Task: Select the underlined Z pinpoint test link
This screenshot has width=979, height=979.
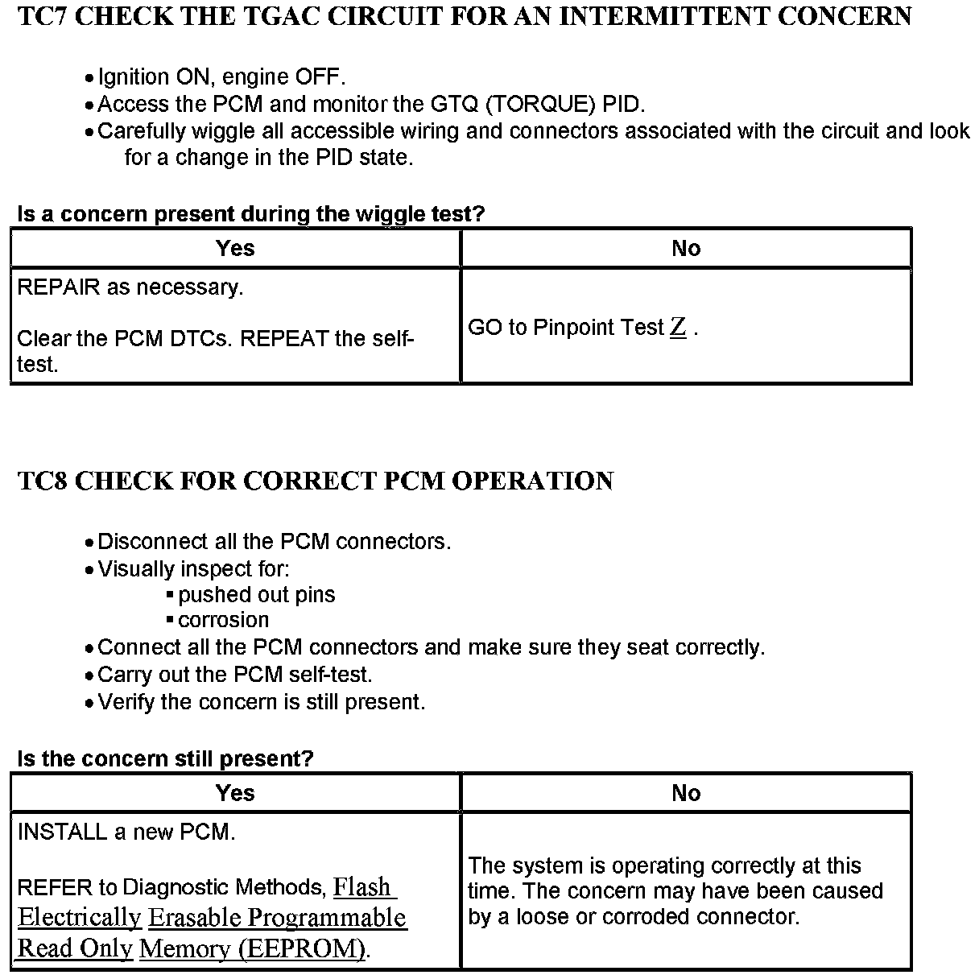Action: pos(678,327)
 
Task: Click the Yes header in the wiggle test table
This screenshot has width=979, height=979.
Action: pos(235,248)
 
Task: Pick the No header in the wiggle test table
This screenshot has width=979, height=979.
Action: pos(686,248)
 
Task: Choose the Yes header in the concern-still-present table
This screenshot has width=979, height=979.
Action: pos(235,793)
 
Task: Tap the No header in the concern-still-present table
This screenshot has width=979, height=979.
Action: pos(686,793)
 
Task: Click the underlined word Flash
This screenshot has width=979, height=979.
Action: pos(361,887)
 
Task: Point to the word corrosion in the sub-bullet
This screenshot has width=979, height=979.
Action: pos(224,620)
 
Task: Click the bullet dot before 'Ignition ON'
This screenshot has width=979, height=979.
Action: pos(89,79)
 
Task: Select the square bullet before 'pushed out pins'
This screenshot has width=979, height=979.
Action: pos(170,595)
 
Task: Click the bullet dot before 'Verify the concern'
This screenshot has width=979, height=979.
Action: pos(89,704)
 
